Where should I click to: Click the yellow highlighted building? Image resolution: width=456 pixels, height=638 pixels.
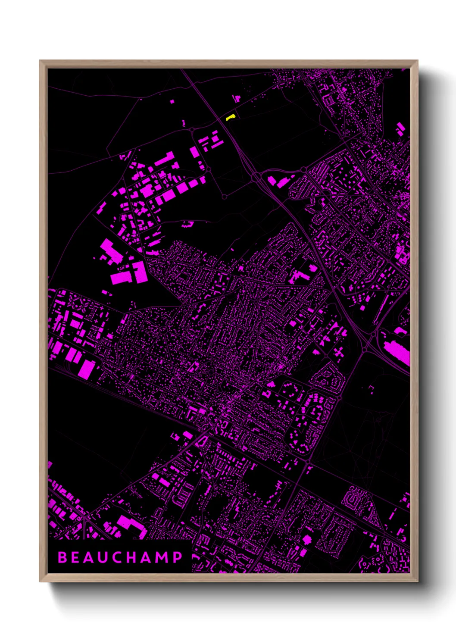[x=231, y=117]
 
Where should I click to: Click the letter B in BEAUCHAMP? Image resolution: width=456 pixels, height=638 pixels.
[x=62, y=557]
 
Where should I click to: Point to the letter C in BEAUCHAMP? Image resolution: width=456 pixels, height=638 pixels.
[x=121, y=557]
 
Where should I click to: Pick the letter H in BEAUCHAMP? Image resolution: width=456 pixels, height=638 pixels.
[x=137, y=557]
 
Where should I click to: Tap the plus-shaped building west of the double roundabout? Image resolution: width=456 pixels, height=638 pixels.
[x=339, y=353]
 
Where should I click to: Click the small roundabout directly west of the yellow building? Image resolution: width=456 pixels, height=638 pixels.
[x=191, y=129]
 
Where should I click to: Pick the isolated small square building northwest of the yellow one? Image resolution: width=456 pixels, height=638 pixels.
[x=172, y=102]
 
